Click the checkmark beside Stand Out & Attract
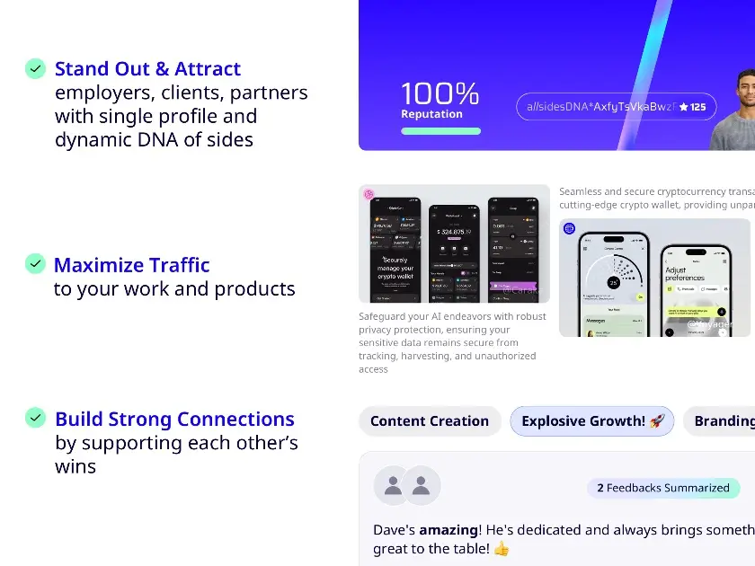pyautogui.click(x=35, y=68)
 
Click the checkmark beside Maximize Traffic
pyautogui.click(x=35, y=264)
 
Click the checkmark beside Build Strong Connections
pyautogui.click(x=35, y=418)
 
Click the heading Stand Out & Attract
pyautogui.click(x=147, y=69)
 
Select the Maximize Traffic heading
pyautogui.click(x=131, y=265)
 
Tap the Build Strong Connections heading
pyautogui.click(x=174, y=419)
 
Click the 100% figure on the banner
pyautogui.click(x=440, y=93)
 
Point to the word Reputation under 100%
pyautogui.click(x=431, y=114)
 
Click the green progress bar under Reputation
pyautogui.click(x=440, y=131)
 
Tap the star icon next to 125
pyautogui.click(x=683, y=107)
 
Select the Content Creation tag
pyautogui.click(x=430, y=420)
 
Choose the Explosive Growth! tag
pyautogui.click(x=591, y=420)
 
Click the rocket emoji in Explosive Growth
pyautogui.click(x=657, y=420)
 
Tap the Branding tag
pyautogui.click(x=723, y=420)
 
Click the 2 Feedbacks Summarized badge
pyautogui.click(x=663, y=488)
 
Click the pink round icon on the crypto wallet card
pyautogui.click(x=369, y=193)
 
